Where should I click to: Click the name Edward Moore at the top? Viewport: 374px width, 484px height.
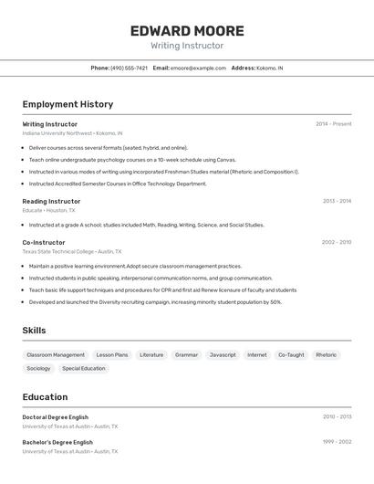[x=186, y=30]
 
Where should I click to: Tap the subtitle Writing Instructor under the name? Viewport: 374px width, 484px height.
[x=186, y=46]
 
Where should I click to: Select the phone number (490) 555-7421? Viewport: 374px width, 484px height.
[x=129, y=68]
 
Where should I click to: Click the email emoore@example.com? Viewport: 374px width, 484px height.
[x=198, y=68]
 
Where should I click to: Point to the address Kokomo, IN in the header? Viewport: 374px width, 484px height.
[x=269, y=68]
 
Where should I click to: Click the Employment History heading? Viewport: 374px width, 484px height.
[x=68, y=104]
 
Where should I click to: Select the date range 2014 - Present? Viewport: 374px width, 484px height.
[x=333, y=123]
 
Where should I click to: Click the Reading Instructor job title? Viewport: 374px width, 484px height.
[x=51, y=201]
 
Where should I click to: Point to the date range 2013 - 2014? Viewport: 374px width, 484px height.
[x=337, y=201]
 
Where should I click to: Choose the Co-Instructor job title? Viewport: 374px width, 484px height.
[x=44, y=242]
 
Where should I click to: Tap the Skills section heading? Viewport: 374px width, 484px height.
[x=34, y=331]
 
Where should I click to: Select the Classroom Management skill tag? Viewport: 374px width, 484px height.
[x=56, y=354]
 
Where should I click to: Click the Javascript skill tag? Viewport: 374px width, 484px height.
[x=223, y=354]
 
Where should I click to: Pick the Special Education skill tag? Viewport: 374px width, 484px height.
[x=84, y=368]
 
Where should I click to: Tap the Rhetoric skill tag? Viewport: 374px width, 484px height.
[x=326, y=354]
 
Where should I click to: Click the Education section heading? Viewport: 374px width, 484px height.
[x=45, y=397]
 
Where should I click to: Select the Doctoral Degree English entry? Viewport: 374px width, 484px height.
[x=56, y=416]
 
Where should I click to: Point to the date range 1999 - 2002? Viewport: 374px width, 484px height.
[x=337, y=442]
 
